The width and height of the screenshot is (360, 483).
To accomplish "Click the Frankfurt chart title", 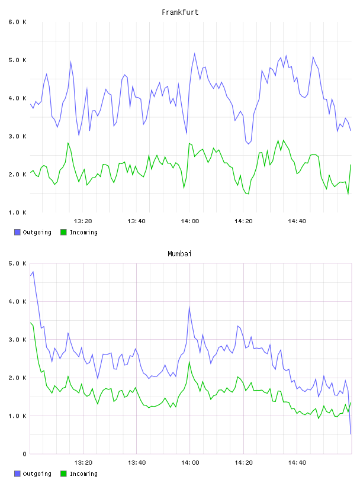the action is point(180,12).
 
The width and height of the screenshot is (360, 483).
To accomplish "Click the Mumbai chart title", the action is point(179,254).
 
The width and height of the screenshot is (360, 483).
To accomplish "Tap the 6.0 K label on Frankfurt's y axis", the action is point(17,22).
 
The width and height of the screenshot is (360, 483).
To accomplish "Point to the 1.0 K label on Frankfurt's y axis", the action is point(17,212).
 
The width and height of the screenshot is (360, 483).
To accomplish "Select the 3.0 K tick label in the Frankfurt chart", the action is point(17,136).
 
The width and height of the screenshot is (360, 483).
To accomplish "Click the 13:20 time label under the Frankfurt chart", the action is point(83,221).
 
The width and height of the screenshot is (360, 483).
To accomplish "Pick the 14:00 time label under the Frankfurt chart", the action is point(190,221).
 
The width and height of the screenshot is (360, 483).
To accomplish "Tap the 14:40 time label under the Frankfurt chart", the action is point(297,221).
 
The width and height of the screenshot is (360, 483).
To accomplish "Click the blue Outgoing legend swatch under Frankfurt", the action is point(17,232).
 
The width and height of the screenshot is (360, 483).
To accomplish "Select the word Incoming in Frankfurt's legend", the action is point(83,232).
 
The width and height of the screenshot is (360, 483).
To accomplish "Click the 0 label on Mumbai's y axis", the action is point(24,454).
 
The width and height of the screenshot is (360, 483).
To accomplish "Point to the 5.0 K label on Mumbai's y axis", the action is point(17,263).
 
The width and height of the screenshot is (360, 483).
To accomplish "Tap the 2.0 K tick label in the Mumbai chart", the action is point(17,378).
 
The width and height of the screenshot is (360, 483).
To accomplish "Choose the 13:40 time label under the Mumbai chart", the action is point(137,463).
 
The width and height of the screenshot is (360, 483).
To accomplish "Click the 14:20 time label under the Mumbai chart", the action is point(243,463).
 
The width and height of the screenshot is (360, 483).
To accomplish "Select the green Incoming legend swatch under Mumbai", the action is point(63,474).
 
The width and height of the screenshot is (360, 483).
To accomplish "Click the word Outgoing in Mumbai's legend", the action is point(37,474).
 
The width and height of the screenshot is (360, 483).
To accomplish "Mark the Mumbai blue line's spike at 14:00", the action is point(189,307).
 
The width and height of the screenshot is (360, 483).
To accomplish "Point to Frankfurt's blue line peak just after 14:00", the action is point(194,54).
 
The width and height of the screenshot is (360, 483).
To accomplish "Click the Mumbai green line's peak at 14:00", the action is point(189,362).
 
